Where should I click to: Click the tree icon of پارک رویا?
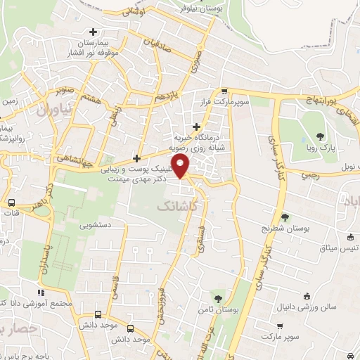(x=320, y=137)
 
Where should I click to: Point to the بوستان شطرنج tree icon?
(x=285, y=217)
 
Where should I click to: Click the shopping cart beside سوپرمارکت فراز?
(x=224, y=91)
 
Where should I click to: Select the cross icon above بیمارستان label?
(x=93, y=32)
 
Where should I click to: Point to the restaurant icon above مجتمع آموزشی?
(x=41, y=292)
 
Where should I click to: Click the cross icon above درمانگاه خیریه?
(x=196, y=127)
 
